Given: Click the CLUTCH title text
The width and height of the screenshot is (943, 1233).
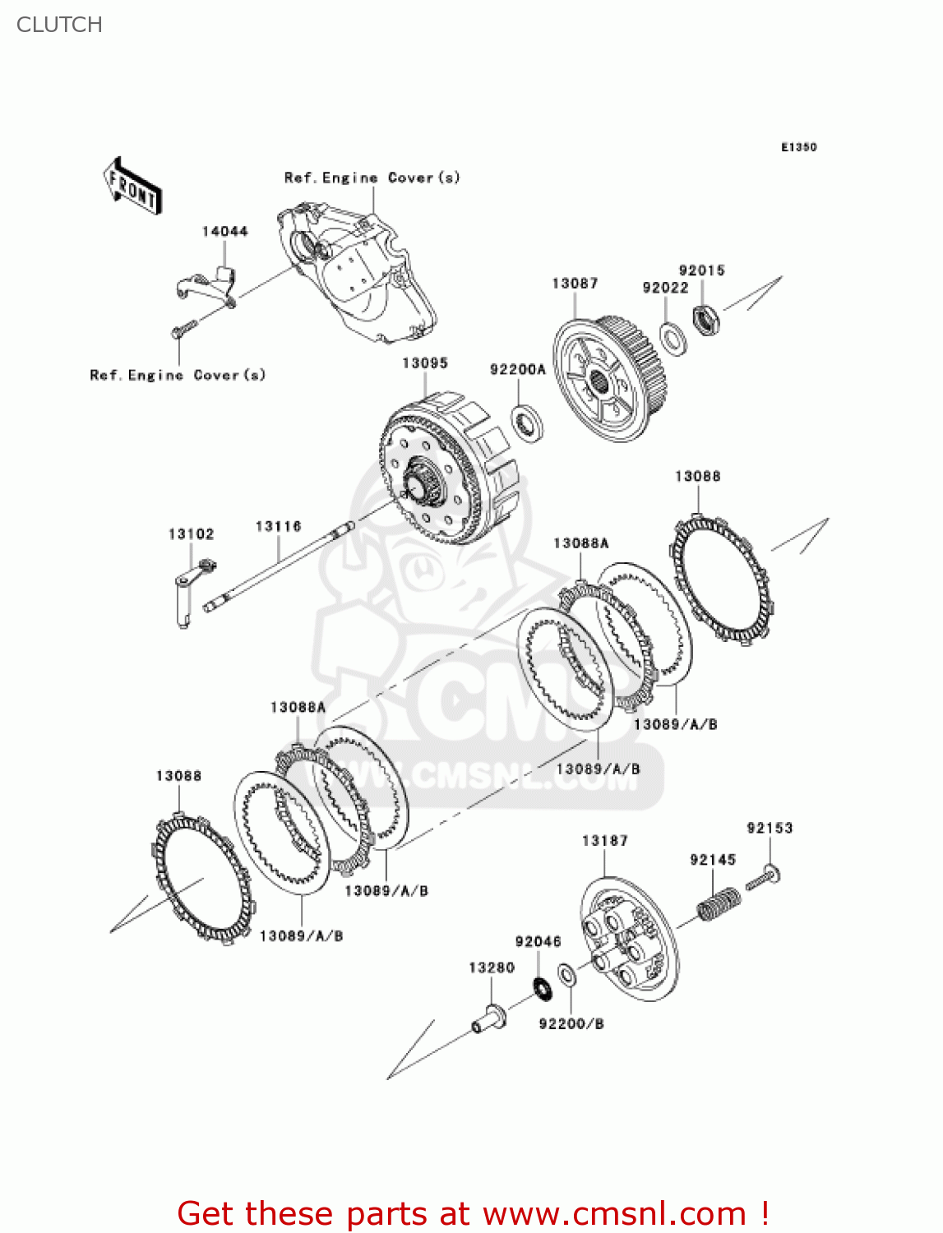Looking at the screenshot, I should click(x=59, y=25).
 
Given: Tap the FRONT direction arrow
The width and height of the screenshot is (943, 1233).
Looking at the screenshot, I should click(x=132, y=187).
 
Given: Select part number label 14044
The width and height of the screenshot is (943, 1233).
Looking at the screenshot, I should click(x=224, y=232).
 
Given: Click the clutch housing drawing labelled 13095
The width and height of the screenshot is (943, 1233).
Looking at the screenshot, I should click(x=448, y=469).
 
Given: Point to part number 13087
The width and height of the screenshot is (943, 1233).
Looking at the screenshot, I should click(x=575, y=284).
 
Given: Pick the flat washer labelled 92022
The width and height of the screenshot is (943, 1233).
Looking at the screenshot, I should click(x=673, y=338).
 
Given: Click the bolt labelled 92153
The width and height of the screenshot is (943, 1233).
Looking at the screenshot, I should click(x=763, y=878).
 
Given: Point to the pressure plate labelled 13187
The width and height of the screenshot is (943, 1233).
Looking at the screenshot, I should click(x=629, y=937).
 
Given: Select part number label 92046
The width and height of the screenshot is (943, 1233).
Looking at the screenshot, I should click(x=538, y=942).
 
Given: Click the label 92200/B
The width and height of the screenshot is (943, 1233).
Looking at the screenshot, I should click(x=571, y=1024).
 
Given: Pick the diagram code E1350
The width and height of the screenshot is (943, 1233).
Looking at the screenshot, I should click(x=798, y=147).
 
